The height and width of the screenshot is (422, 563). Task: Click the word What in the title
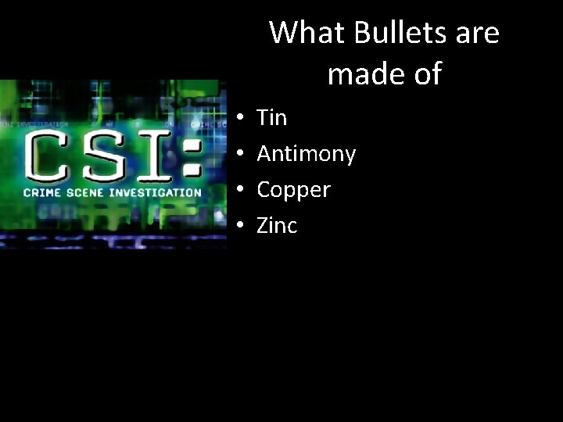point(306,34)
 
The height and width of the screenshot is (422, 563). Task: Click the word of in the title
point(425,74)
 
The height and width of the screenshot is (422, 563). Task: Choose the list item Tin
point(272,118)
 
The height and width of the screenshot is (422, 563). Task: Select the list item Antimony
point(306,154)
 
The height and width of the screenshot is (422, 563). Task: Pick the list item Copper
point(294,190)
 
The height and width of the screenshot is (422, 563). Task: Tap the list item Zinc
point(277,226)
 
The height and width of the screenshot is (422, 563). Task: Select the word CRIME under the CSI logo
point(41,192)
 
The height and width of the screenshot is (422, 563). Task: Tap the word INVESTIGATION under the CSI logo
point(155,192)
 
